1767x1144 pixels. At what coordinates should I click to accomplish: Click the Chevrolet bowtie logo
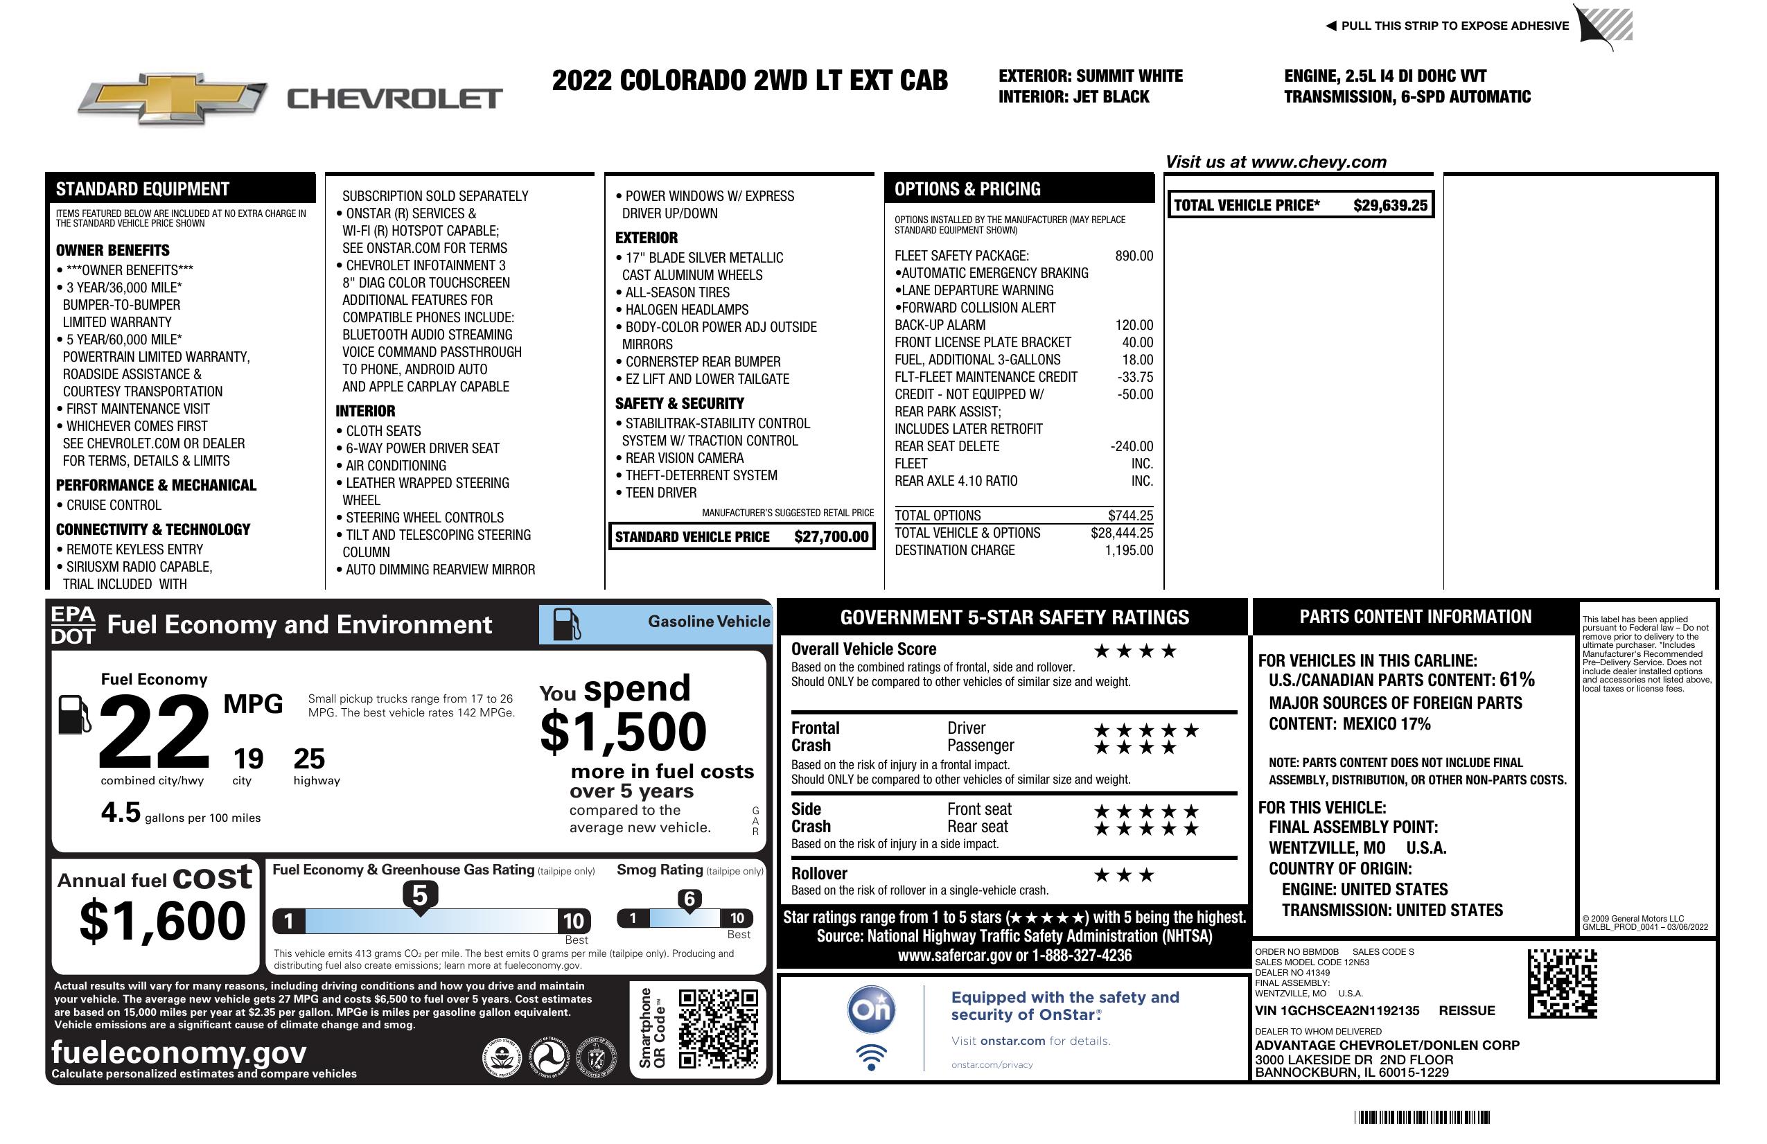[x=173, y=98]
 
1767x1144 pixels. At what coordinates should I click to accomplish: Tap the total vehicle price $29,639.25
[x=1390, y=206]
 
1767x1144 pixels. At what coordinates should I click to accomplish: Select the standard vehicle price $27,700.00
[x=831, y=537]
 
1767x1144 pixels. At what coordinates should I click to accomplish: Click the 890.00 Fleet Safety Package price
[x=1134, y=256]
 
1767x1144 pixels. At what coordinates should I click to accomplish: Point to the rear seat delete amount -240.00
[x=1132, y=446]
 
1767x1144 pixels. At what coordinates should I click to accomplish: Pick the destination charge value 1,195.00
[x=1129, y=550]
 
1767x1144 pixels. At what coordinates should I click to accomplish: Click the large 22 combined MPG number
[x=155, y=732]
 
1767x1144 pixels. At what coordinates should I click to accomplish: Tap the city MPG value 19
[x=248, y=759]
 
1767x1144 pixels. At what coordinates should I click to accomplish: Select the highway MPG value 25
[x=309, y=759]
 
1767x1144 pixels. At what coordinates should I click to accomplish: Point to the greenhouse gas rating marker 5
[x=419, y=897]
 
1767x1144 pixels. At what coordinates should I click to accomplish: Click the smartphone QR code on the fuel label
[x=718, y=1028]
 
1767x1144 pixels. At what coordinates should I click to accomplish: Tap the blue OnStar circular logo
[x=872, y=1010]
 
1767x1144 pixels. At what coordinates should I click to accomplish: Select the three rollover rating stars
[x=1124, y=875]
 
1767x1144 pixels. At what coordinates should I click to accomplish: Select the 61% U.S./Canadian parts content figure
[x=1517, y=679]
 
